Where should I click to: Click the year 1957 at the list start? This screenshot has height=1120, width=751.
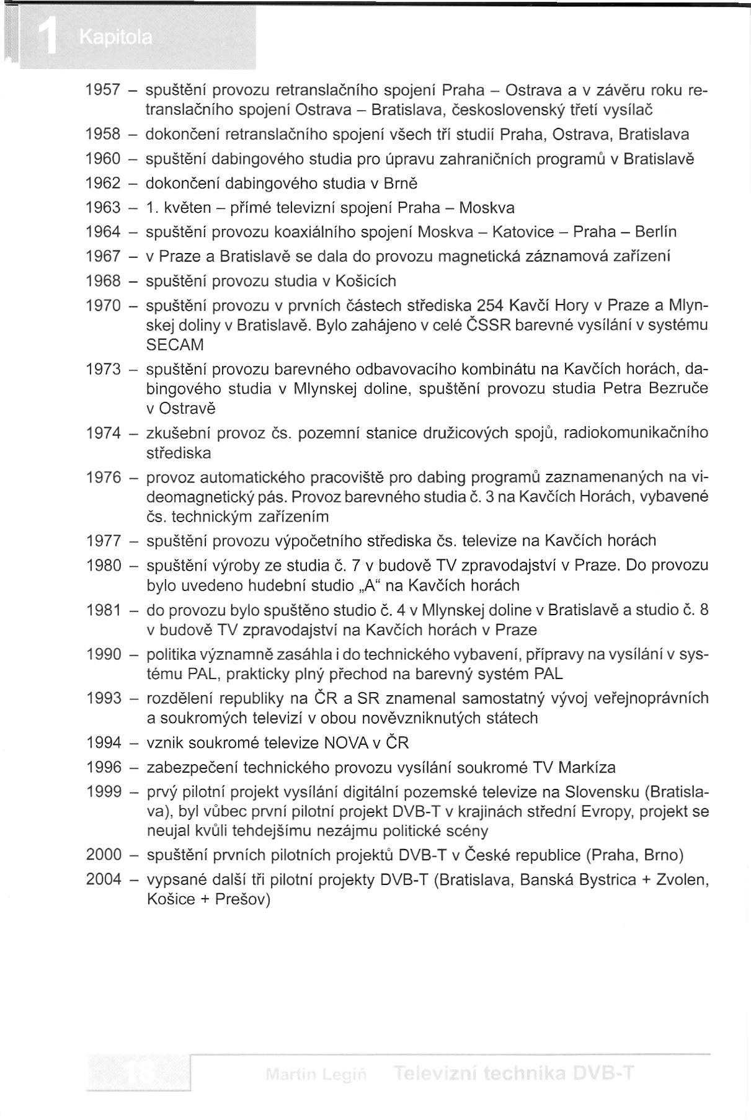click(x=102, y=91)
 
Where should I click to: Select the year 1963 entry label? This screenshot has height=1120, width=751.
click(x=102, y=208)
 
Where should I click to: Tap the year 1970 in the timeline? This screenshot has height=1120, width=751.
click(x=103, y=306)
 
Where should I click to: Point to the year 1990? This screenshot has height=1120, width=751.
click(x=104, y=655)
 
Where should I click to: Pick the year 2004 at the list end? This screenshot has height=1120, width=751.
click(x=104, y=880)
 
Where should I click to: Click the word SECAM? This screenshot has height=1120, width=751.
click(x=175, y=345)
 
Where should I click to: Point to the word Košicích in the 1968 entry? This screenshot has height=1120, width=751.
click(x=365, y=281)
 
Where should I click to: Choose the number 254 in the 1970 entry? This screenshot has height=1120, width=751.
click(x=490, y=306)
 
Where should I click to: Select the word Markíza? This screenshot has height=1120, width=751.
click(x=587, y=768)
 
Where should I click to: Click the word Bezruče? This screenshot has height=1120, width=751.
click(x=677, y=389)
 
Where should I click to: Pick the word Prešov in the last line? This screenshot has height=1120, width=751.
click(x=242, y=900)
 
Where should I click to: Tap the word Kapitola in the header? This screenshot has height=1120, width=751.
click(x=115, y=38)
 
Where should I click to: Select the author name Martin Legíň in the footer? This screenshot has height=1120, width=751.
click(x=316, y=1074)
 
